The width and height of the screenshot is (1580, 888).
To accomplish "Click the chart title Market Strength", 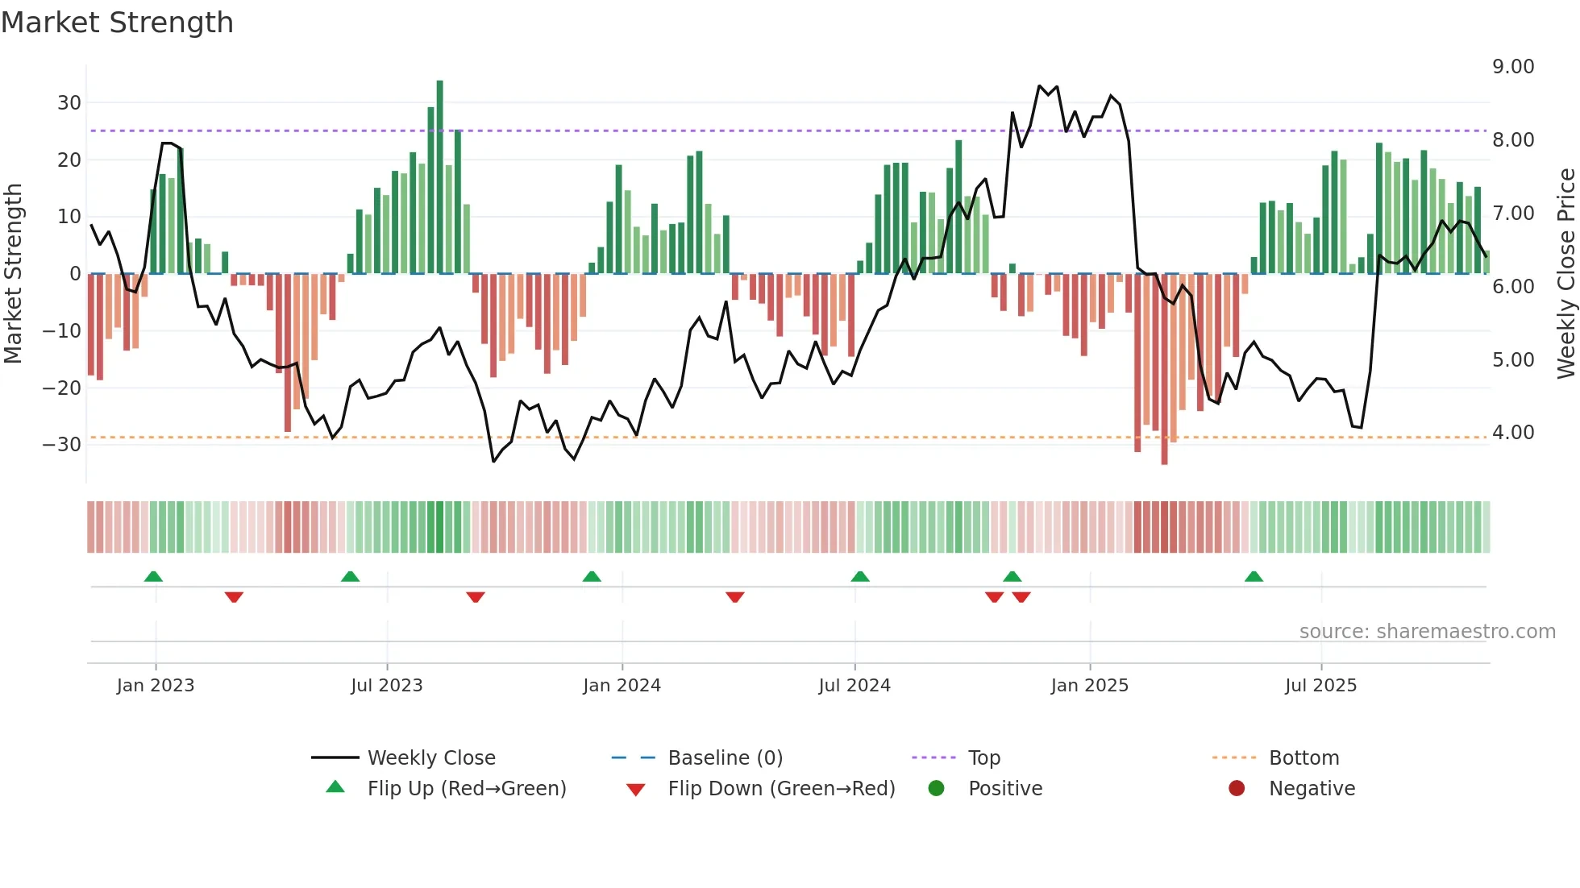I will [x=117, y=23].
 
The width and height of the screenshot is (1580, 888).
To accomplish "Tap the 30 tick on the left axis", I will [x=69, y=103].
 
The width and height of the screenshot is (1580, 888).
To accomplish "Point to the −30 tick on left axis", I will [x=62, y=445].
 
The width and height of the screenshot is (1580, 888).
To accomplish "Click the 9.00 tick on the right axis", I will [x=1513, y=67].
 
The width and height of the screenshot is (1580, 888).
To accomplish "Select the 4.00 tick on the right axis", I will [x=1513, y=433].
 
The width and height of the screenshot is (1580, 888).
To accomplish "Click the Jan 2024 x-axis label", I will [x=622, y=686].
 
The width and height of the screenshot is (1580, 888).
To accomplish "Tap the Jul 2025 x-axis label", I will [x=1320, y=686].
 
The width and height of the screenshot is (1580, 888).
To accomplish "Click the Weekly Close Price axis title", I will [x=1565, y=274].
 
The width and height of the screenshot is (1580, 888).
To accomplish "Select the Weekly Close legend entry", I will [x=430, y=758].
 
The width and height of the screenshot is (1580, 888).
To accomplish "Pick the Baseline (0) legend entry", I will [x=725, y=758].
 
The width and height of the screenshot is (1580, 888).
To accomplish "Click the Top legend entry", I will [x=983, y=758].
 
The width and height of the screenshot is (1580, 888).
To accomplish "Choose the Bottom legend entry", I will [x=1303, y=758].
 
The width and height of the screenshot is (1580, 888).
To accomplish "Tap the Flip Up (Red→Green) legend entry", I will [x=466, y=789].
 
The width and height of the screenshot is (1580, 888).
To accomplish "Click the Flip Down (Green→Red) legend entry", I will [x=780, y=789].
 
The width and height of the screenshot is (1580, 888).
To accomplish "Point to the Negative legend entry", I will [x=1311, y=789].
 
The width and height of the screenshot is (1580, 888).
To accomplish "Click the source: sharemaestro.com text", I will [x=1427, y=632].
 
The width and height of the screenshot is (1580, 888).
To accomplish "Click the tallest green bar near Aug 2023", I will [x=439, y=177].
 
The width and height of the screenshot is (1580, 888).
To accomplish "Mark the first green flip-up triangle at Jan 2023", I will [x=153, y=576].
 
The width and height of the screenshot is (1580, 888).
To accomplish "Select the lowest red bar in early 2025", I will [x=1164, y=371].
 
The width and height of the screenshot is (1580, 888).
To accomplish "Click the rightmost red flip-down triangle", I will [x=1021, y=597].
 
